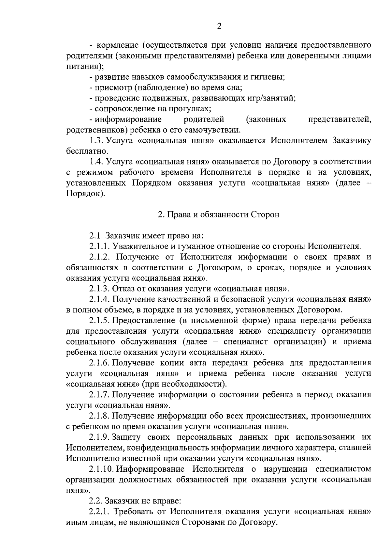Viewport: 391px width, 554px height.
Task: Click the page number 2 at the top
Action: coord(219,27)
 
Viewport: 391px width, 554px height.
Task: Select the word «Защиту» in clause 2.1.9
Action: coord(128,437)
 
